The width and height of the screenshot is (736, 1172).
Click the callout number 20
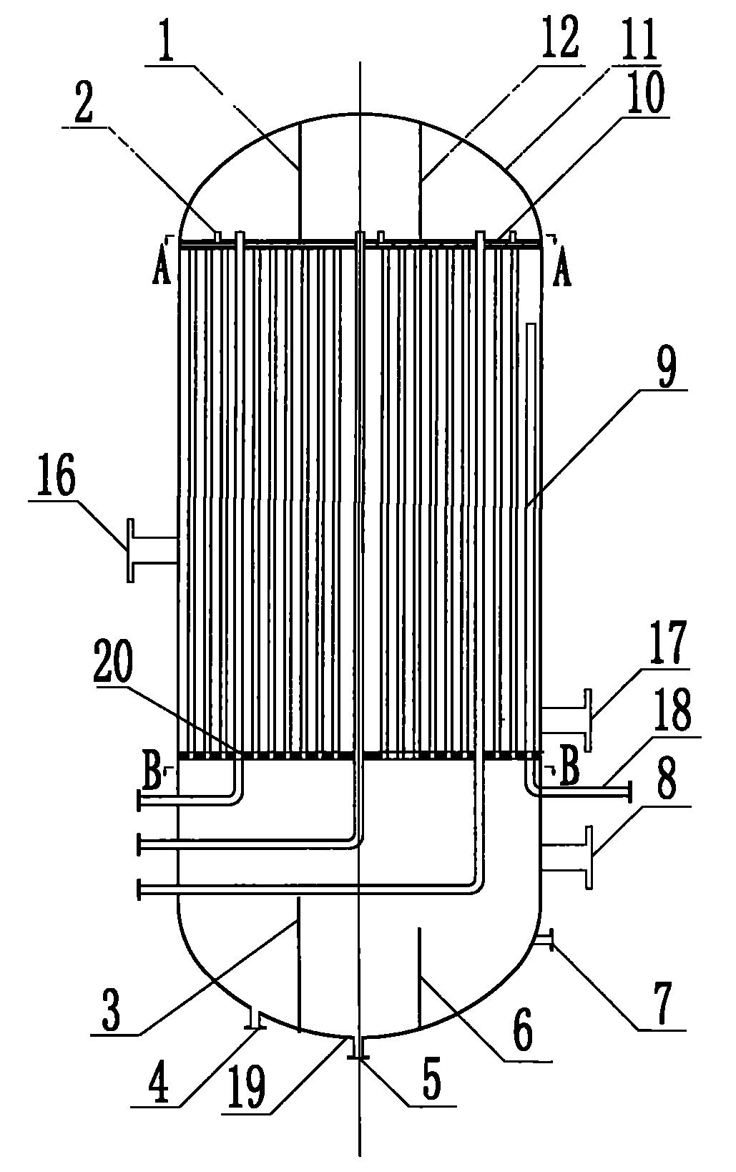(x=114, y=673)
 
